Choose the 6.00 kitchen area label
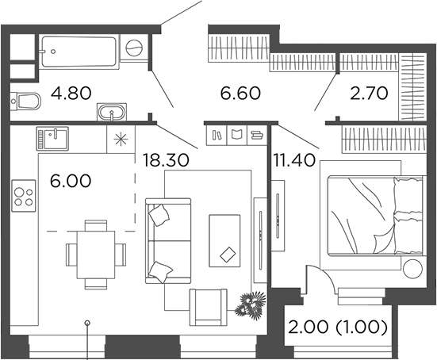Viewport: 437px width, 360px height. [x=69, y=180]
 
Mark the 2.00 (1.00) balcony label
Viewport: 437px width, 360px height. [x=337, y=327]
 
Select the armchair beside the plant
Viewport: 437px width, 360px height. [x=208, y=305]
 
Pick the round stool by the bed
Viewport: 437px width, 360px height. [x=412, y=268]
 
